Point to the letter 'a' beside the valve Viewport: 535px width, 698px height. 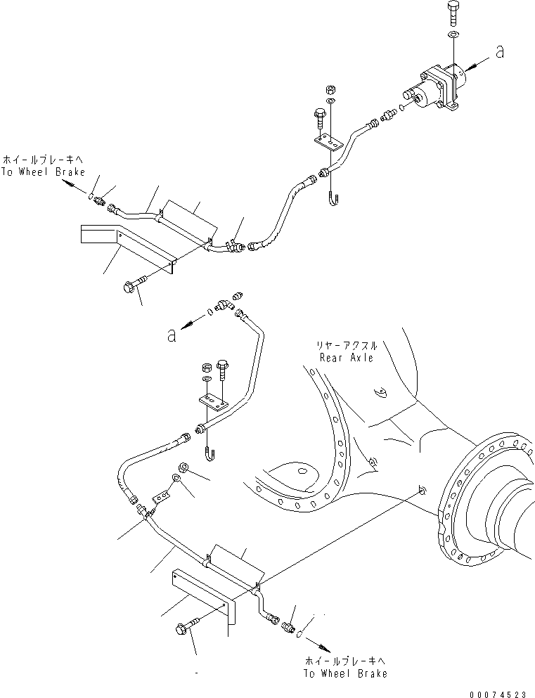[500, 52]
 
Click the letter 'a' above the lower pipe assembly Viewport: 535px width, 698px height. [171, 335]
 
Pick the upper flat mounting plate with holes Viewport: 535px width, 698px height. [328, 143]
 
